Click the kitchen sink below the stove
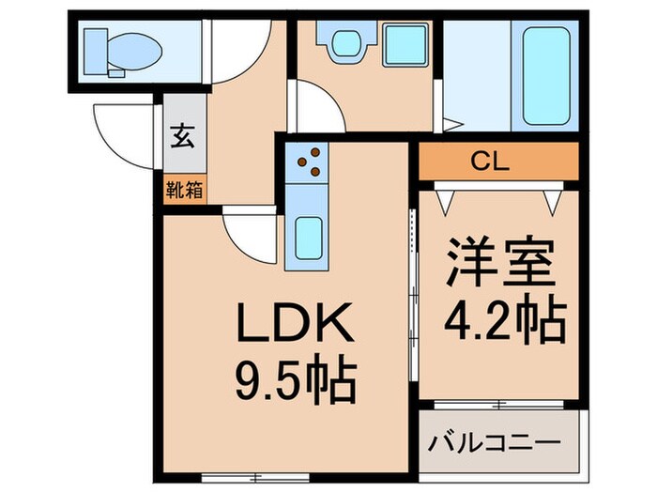[x=307, y=239]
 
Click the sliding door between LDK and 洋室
[x=413, y=282]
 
